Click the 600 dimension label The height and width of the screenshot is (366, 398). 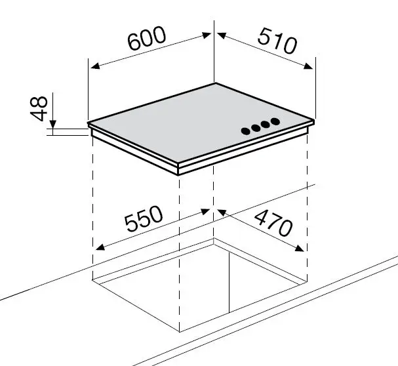coord(147,38)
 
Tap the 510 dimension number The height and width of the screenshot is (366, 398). coord(277,41)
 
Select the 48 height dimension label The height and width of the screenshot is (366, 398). coord(39,108)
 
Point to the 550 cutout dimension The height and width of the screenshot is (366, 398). coord(144,218)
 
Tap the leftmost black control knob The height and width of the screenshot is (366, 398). coord(246,131)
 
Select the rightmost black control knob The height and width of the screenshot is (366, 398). coord(275,121)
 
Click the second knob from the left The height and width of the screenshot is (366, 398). coord(256,128)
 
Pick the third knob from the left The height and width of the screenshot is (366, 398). coord(266,125)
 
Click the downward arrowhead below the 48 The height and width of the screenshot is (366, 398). coord(53,124)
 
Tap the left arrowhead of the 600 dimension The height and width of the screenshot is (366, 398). coord(94,66)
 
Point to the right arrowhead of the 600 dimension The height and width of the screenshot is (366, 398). coord(207,35)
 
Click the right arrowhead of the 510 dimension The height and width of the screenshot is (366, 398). coord(308,66)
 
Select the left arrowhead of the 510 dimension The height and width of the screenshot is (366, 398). coord(222,35)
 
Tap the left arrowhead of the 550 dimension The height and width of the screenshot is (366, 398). coord(100,247)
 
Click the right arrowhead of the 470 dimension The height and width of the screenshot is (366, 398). coord(300,248)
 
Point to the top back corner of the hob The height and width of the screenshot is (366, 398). coord(215,83)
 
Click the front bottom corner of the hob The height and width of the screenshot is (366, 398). coord(178,175)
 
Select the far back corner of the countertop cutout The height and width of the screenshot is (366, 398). coord(214,238)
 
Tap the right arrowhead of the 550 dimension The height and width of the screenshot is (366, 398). coord(206,212)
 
